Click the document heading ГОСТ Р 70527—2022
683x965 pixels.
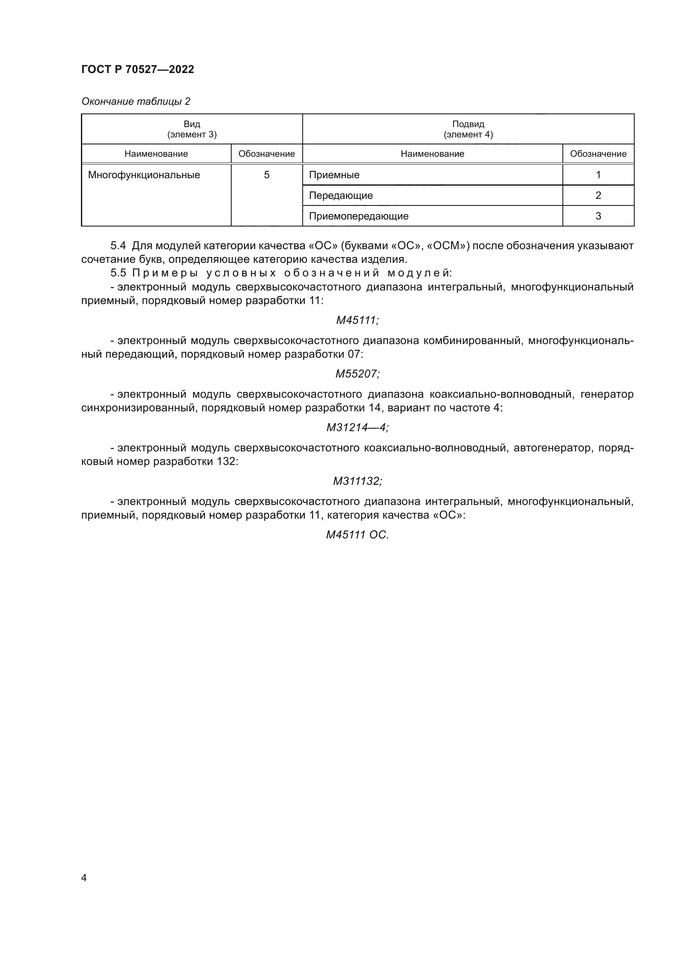pos(138,69)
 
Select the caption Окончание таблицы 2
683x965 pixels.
pos(135,101)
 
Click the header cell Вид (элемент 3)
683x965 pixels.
pos(192,129)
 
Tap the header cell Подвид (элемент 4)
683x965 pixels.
pos(468,129)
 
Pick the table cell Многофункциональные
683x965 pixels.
pos(144,175)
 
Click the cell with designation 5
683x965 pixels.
pos(267,175)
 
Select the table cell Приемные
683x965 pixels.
pos(334,175)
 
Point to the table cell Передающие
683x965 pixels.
pos(341,196)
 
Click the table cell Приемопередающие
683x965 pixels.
pos(358,216)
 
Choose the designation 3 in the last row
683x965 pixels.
pos(598,216)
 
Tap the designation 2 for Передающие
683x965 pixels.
pos(598,196)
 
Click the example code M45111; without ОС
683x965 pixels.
pos(357,320)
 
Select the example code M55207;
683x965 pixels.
pos(357,374)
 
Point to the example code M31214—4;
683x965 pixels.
pos(357,427)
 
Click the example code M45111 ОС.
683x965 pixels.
pos(357,535)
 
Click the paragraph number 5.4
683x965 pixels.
pos(118,246)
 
